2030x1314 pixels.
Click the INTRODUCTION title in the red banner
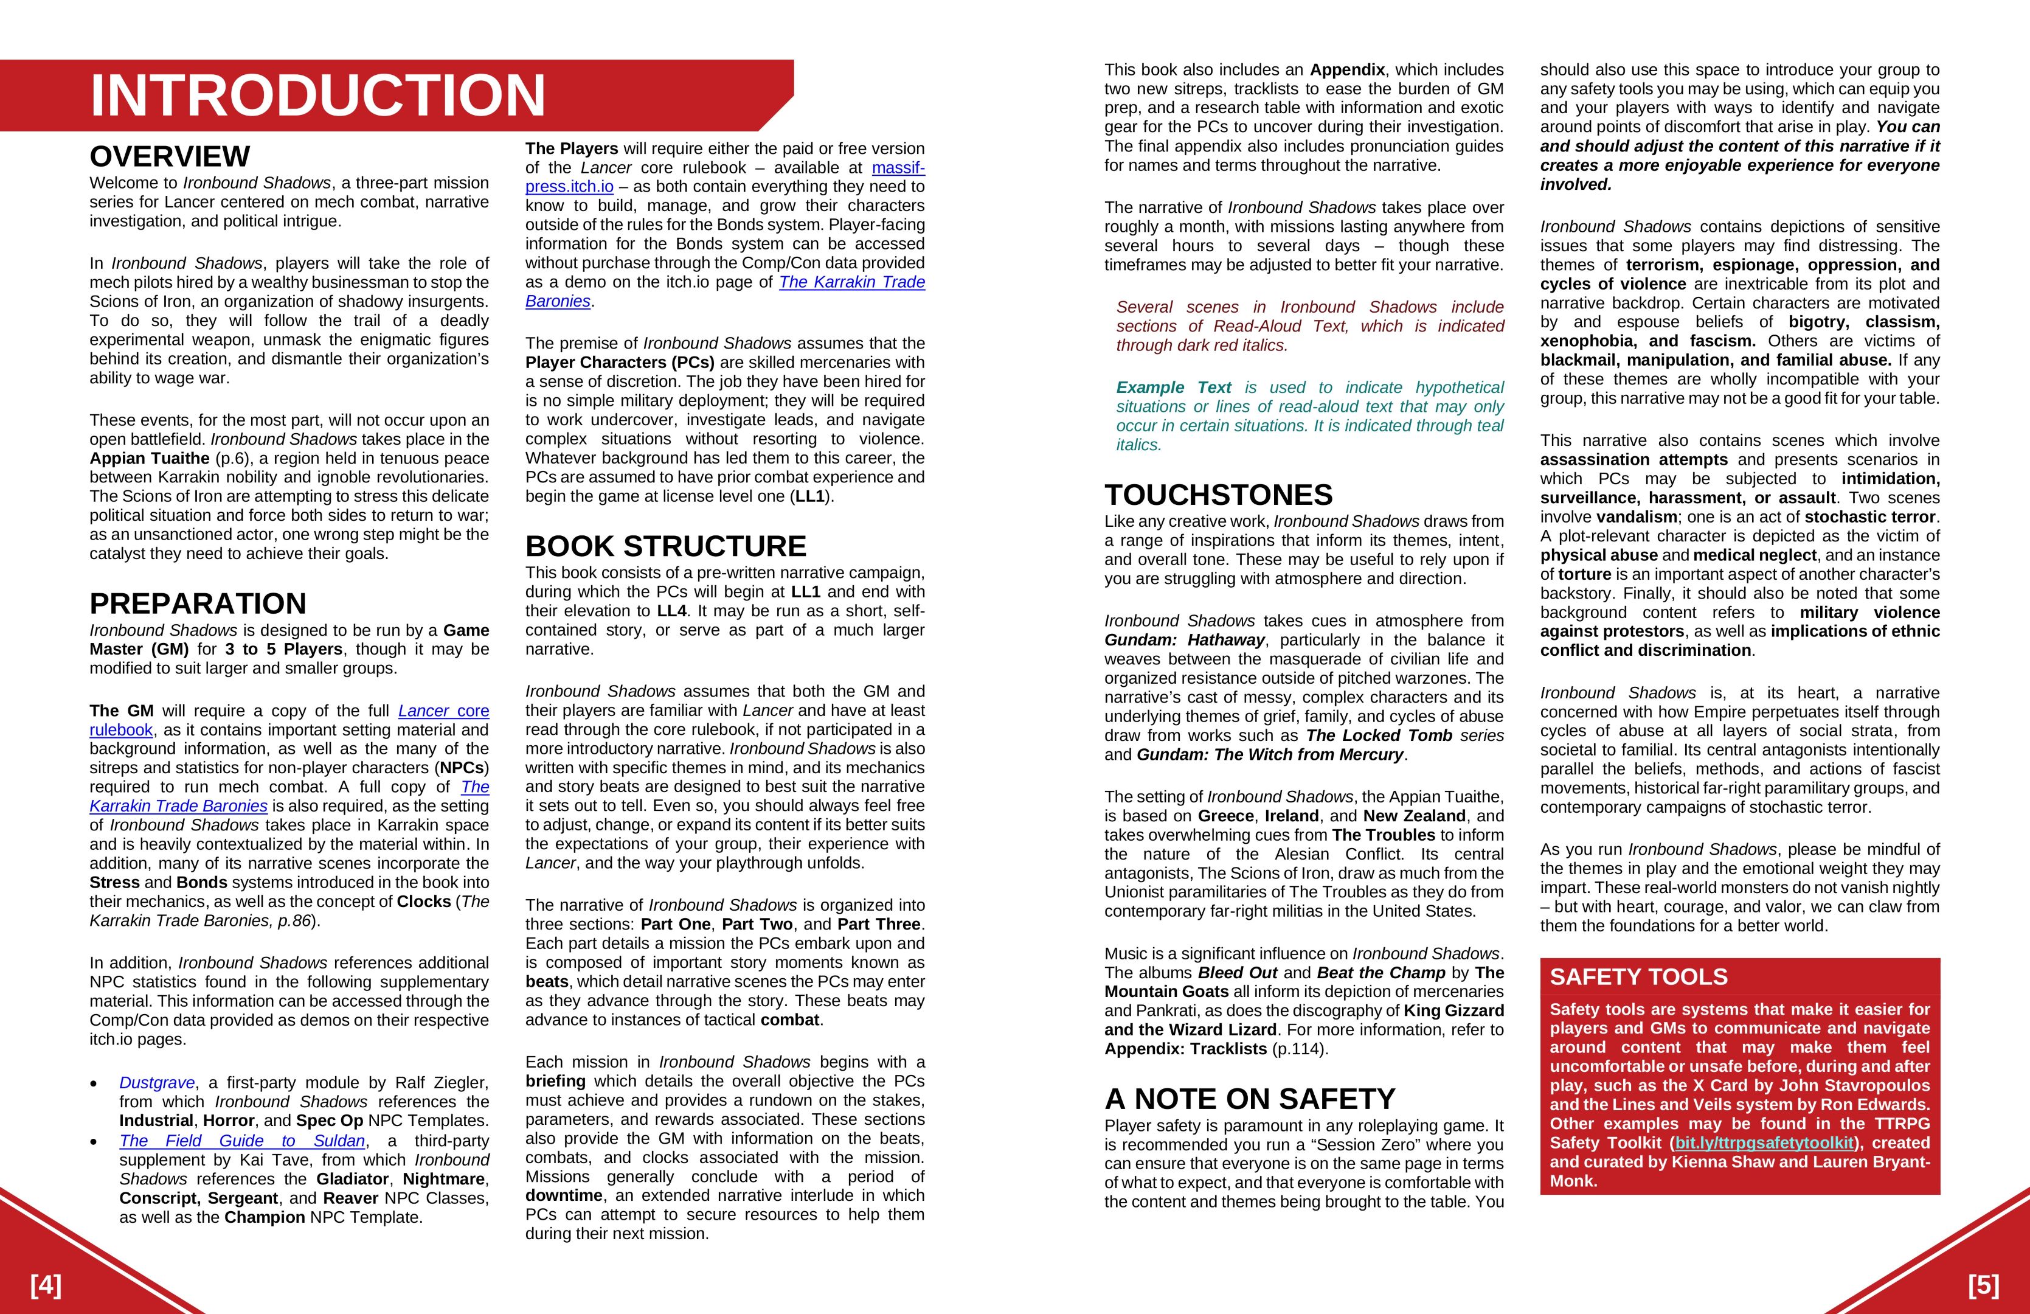(317, 95)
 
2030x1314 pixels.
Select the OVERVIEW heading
(170, 157)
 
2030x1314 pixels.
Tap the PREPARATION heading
(198, 603)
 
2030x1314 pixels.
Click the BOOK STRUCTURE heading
(665, 546)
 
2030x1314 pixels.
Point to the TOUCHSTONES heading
(1218, 495)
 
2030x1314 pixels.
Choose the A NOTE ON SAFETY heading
(1250, 1098)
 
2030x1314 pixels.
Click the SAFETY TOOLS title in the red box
(1638, 977)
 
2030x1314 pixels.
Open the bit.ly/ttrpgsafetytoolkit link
(1764, 1142)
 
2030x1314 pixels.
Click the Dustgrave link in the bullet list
(157, 1083)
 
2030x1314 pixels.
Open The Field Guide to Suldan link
(242, 1141)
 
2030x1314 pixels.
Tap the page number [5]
(1984, 1285)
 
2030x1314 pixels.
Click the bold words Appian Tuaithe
(149, 458)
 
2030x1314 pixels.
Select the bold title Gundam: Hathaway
(1185, 640)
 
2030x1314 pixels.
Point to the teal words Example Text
(1174, 388)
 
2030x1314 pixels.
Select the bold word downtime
(564, 1195)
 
